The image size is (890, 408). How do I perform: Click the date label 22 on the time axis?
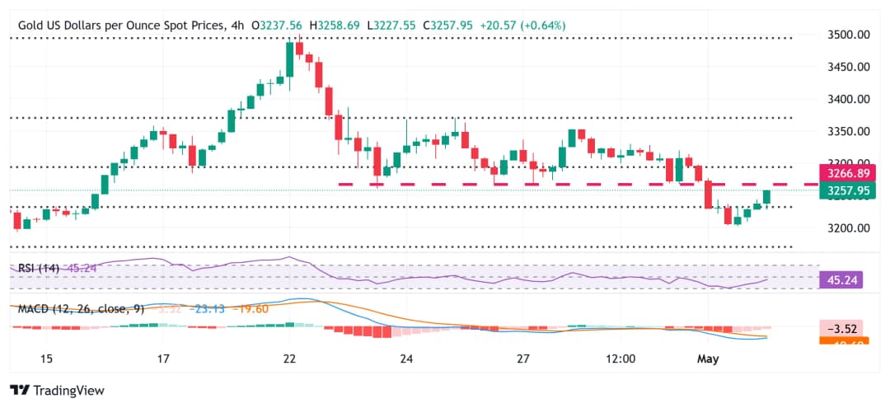(x=289, y=359)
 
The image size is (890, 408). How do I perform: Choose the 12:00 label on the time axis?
(x=620, y=359)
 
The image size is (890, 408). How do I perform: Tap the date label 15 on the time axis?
(x=46, y=359)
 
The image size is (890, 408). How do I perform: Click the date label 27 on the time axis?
(x=522, y=359)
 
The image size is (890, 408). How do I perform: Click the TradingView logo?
(x=58, y=390)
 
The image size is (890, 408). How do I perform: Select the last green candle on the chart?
(x=767, y=197)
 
